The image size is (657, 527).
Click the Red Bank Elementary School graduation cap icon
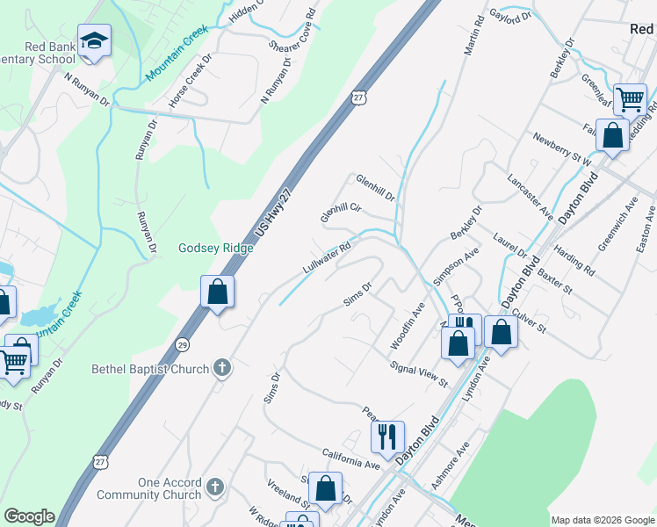(94, 41)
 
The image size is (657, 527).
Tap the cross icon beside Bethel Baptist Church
(223, 368)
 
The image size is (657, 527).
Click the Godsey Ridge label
(216, 248)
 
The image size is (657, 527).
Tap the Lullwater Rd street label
(327, 257)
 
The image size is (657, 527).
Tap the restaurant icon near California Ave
(387, 435)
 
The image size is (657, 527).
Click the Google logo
(29, 516)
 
